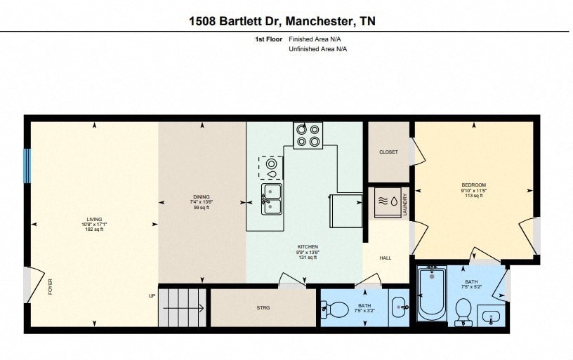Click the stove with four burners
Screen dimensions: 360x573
[x=308, y=135]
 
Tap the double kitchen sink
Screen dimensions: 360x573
[x=272, y=199]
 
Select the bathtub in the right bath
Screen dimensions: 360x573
[x=431, y=293]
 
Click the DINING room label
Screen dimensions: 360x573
[x=202, y=197]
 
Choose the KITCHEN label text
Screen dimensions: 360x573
[x=308, y=247]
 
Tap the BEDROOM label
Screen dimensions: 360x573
[x=473, y=185]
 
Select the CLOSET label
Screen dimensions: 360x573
[x=388, y=152]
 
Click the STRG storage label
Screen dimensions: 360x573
[x=263, y=308]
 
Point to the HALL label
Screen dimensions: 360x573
[x=386, y=258]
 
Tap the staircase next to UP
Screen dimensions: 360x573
[x=183, y=307]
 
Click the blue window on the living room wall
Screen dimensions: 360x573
[x=27, y=166]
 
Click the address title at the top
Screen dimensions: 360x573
[x=282, y=21]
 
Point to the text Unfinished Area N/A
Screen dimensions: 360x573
[x=318, y=49]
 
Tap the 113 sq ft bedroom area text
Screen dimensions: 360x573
[x=473, y=196]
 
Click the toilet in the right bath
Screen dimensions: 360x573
[x=463, y=310]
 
